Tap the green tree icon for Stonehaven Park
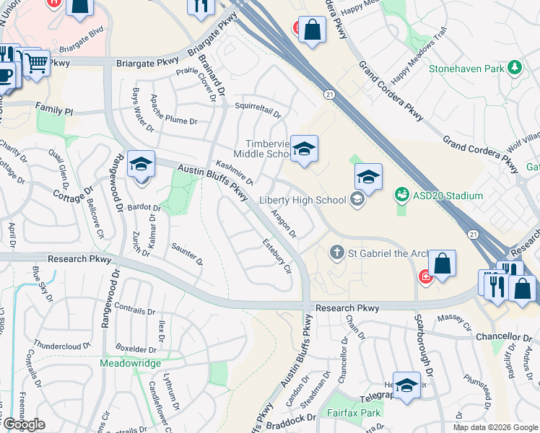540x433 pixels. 514,68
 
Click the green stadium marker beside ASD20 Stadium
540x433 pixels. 401,195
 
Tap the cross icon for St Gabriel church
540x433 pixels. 336,253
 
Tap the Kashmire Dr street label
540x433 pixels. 234,172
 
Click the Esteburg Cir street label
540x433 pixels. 276,256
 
